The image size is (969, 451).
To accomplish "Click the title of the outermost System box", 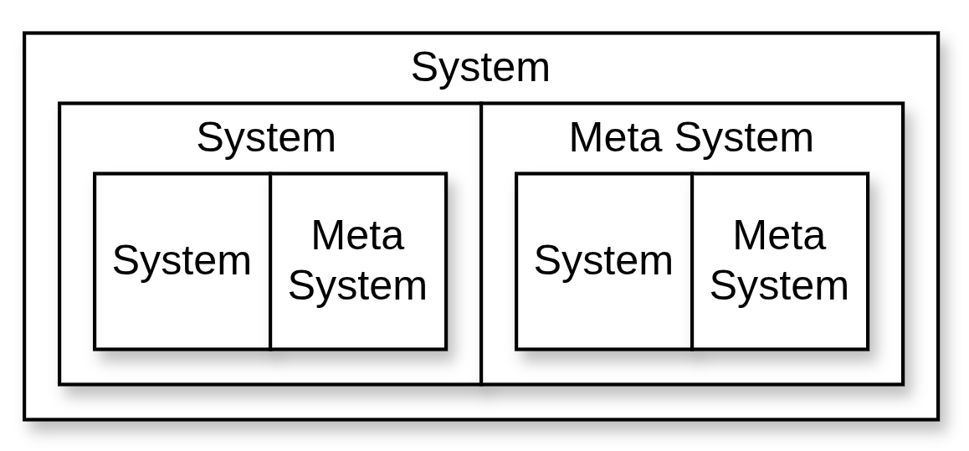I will (x=480, y=67).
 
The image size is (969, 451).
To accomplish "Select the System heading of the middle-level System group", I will (x=266, y=137).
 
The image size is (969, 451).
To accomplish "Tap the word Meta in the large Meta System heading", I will (x=615, y=137).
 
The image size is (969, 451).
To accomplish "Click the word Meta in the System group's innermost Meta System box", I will (x=357, y=235).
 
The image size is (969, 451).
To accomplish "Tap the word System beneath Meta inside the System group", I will (x=357, y=285).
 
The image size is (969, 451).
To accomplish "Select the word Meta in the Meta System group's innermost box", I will (x=779, y=235).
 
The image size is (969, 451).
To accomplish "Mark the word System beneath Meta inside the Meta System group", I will (x=779, y=285).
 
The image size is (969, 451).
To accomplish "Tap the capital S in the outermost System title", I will (x=424, y=67).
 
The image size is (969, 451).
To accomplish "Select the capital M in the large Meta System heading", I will (x=585, y=137).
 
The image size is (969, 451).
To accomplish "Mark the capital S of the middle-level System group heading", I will (x=210, y=137).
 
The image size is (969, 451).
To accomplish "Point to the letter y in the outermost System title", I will (x=449, y=71).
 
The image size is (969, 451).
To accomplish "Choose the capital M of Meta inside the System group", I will (x=327, y=235).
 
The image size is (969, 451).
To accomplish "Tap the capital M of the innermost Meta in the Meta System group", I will (x=749, y=235).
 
